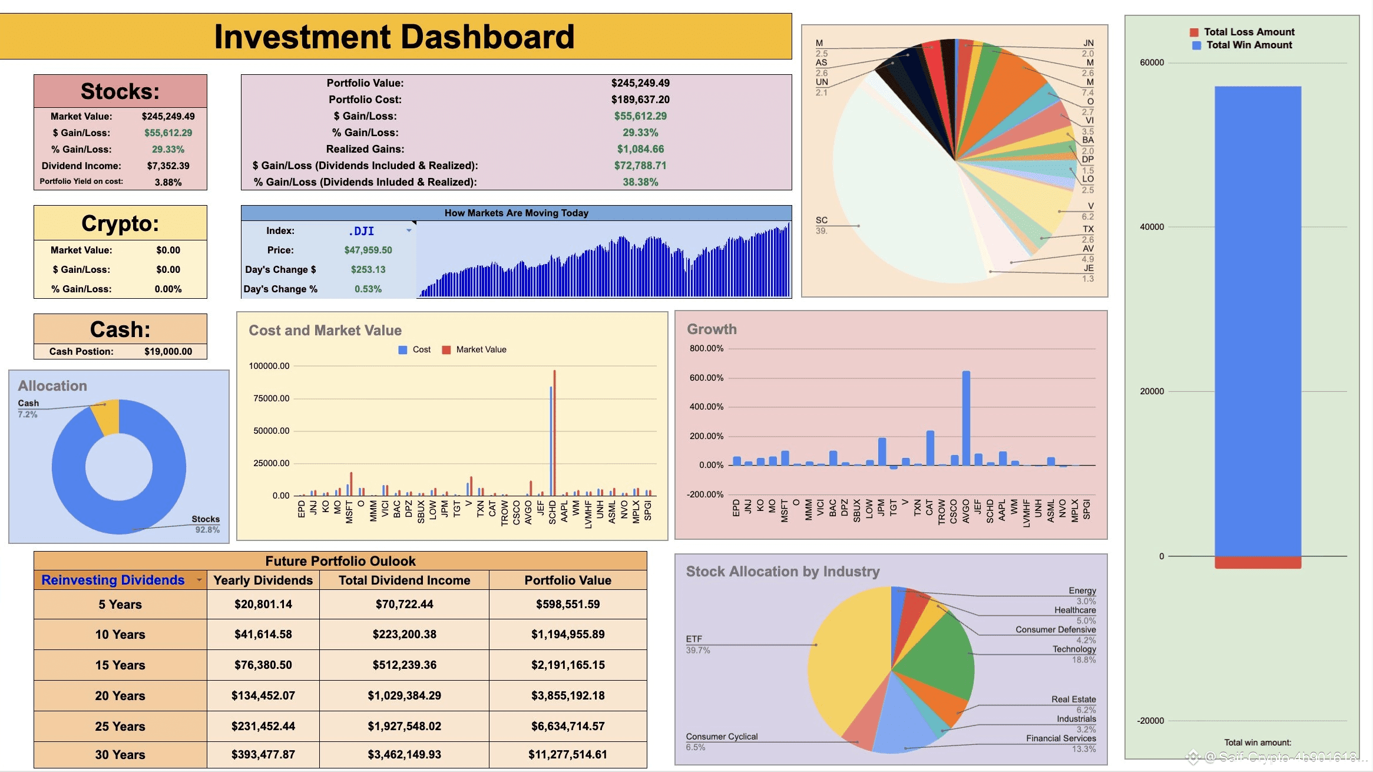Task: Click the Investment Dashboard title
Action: (394, 37)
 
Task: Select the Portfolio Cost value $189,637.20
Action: (640, 100)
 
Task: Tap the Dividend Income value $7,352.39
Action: (168, 166)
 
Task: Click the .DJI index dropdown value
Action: (361, 231)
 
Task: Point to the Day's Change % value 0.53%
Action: (368, 289)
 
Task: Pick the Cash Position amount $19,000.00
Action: (168, 351)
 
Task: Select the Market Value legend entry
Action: (481, 349)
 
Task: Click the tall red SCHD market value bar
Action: (554, 433)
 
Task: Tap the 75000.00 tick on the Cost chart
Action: (272, 398)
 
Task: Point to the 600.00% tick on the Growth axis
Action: (706, 378)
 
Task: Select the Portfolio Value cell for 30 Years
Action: (568, 754)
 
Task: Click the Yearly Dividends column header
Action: (263, 580)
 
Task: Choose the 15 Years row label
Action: (120, 665)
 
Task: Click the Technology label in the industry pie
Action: (1074, 649)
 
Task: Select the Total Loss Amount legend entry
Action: (1248, 32)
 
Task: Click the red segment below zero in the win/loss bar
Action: (1258, 562)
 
